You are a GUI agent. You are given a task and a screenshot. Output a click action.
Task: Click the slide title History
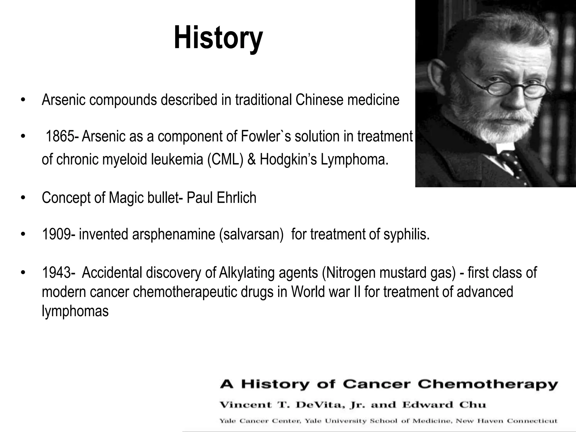pos(218,38)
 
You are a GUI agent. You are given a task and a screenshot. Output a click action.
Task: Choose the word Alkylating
pos(246,273)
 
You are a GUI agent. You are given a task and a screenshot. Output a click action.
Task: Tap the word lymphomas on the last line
pos(75,311)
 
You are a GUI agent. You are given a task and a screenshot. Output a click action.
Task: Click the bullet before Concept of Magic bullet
pos(23,198)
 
